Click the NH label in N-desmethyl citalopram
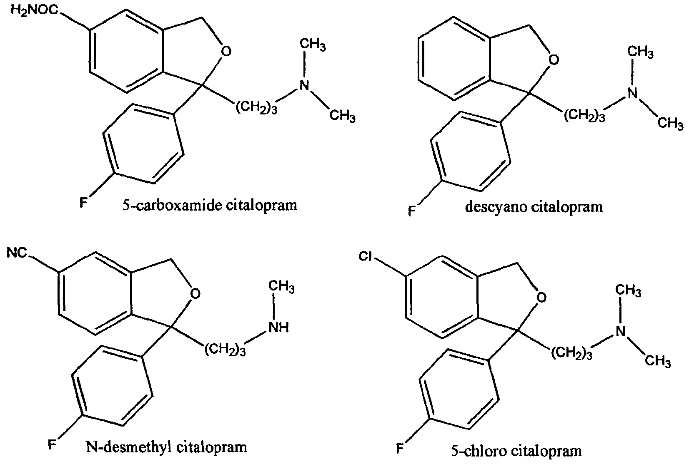pyautogui.click(x=279, y=328)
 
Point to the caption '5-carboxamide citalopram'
pyautogui.click(x=210, y=205)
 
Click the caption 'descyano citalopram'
pyautogui.click(x=534, y=207)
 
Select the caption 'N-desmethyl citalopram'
pyautogui.click(x=166, y=447)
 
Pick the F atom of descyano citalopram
pyautogui.click(x=411, y=211)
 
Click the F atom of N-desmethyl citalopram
pyautogui.click(x=52, y=445)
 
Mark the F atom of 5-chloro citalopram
pyautogui.click(x=400, y=449)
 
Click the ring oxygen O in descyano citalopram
pyautogui.click(x=554, y=60)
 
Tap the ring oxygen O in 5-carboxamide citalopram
pyautogui.click(x=226, y=51)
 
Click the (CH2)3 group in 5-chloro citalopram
pyautogui.click(x=571, y=354)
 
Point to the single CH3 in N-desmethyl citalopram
pyautogui.click(x=281, y=287)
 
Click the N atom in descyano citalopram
pyautogui.click(x=632, y=93)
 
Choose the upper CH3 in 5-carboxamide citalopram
pyautogui.click(x=313, y=45)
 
